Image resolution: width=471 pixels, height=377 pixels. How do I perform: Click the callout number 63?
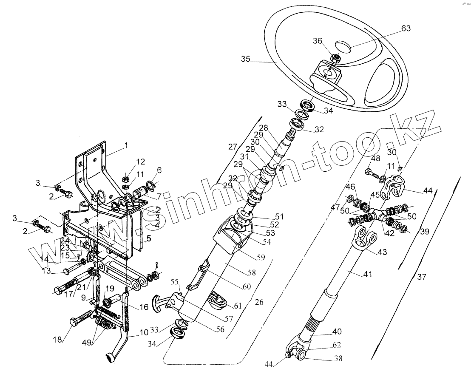coord(406,29)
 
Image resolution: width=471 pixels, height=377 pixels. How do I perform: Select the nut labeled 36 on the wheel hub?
coord(336,58)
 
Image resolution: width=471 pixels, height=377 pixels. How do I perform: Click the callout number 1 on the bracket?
coord(126,145)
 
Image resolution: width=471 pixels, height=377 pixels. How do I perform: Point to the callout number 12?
coord(141,162)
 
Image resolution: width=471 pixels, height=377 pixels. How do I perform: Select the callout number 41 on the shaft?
coord(367,275)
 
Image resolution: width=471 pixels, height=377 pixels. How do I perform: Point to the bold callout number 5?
coord(149,239)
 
